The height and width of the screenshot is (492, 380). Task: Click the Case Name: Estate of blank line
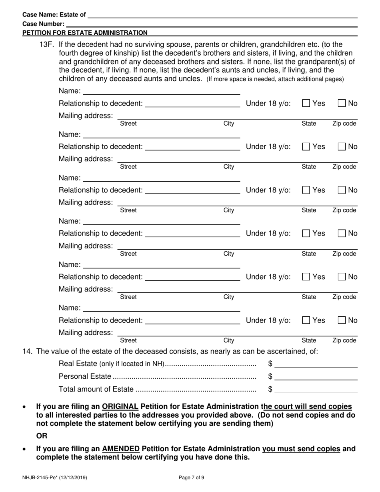(222, 15)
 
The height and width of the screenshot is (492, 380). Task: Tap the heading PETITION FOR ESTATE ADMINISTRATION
(85, 33)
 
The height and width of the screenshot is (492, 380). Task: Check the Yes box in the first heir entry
(306, 103)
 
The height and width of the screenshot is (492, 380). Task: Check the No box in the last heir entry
(342, 320)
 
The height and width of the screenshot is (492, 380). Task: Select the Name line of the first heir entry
(161, 91)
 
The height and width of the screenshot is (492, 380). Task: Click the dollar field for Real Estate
(316, 364)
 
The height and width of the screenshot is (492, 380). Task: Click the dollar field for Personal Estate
(316, 377)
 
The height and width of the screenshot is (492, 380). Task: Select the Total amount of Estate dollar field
(316, 390)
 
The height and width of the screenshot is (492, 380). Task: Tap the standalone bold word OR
(42, 436)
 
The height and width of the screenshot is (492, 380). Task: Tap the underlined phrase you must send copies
(301, 449)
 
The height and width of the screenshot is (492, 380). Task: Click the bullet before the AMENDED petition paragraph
(25, 449)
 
